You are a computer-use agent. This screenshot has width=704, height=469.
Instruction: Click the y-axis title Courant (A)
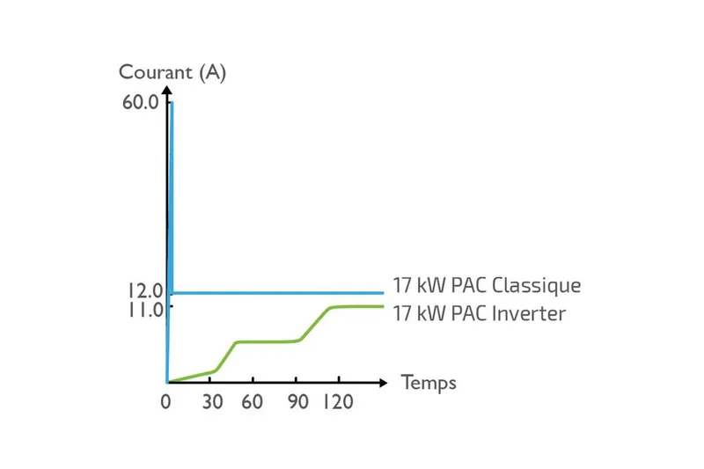[172, 73]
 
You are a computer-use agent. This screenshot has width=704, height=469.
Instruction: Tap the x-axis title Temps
[429, 383]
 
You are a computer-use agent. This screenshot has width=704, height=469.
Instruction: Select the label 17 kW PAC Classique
[487, 286]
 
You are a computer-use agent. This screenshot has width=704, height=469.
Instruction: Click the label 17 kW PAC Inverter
[479, 313]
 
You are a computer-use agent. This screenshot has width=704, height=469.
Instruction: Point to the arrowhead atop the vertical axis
[167, 90]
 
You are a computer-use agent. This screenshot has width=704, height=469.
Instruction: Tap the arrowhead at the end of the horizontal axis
[383, 383]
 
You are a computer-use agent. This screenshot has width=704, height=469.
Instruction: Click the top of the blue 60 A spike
[172, 103]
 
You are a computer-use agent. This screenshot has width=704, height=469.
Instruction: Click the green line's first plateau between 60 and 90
[268, 341]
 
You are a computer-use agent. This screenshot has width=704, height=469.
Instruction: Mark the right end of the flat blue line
[384, 292]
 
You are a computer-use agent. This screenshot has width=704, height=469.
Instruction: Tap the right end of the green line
[384, 306]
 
